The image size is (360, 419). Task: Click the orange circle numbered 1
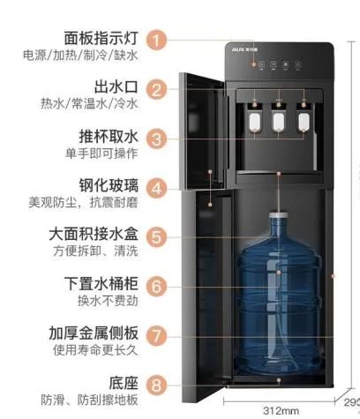155,40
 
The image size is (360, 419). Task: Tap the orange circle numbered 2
155,89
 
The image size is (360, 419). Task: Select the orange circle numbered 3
155,138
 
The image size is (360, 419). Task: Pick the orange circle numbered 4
155,188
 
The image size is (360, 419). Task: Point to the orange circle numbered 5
155,236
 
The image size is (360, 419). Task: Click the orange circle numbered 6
155,286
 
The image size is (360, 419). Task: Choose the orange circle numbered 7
155,335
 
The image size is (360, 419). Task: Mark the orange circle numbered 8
155,384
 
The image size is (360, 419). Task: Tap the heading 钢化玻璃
109,186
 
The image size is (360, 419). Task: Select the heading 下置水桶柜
101,285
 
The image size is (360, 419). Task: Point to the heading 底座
123,383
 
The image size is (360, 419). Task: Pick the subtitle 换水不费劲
108,302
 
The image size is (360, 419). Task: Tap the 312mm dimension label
281,410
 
